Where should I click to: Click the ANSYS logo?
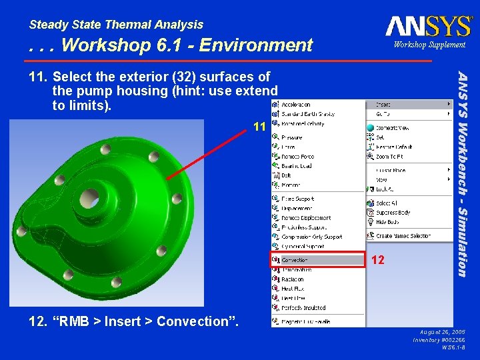(428, 26)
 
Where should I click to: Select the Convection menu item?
(295, 260)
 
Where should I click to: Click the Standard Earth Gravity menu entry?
(307, 114)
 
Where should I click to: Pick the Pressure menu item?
(291, 137)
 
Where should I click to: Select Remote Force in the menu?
(297, 157)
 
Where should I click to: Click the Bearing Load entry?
(296, 166)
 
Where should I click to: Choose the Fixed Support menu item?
(297, 199)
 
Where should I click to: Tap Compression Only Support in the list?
(311, 237)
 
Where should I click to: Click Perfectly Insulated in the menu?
(303, 308)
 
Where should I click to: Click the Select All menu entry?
(387, 203)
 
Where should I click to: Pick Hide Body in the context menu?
(387, 222)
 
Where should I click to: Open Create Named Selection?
(403, 236)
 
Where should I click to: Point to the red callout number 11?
(259, 127)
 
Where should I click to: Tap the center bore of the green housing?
(89, 198)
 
